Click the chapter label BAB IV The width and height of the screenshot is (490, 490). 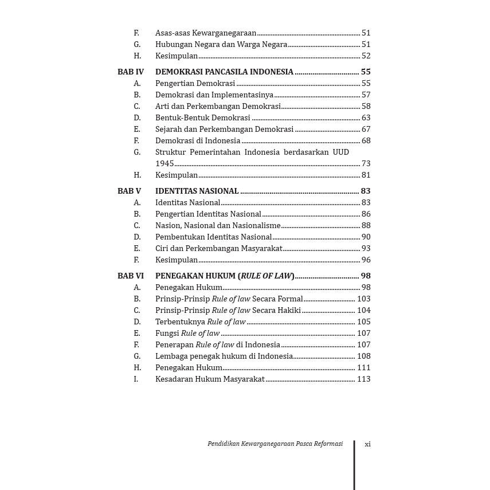pyautogui.click(x=131, y=72)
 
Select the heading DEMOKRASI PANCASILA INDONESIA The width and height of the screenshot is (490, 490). pyautogui.click(x=224, y=72)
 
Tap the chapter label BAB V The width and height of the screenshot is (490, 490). pyautogui.click(x=129, y=191)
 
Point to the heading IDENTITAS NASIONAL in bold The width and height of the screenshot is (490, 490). pyautogui.click(x=197, y=191)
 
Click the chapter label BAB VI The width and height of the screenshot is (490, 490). pyautogui.click(x=131, y=276)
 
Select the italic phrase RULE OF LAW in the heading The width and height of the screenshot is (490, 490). pyautogui.click(x=266, y=276)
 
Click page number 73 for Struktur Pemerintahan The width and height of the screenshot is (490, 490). pyautogui.click(x=366, y=163)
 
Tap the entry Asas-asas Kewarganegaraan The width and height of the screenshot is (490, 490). pyautogui.click(x=206, y=33)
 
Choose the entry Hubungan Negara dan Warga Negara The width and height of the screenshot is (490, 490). pyautogui.click(x=221, y=44)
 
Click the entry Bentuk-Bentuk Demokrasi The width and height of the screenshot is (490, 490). pyautogui.click(x=203, y=117)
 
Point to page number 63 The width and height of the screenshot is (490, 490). pyautogui.click(x=366, y=117)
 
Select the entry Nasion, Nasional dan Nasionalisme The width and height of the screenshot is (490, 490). pyautogui.click(x=218, y=225)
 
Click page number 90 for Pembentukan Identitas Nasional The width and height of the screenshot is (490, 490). pyautogui.click(x=366, y=237)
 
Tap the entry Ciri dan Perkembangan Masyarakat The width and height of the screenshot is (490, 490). pyautogui.click(x=219, y=248)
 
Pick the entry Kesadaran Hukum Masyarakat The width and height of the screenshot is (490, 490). pyautogui.click(x=210, y=379)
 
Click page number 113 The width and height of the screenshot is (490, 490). pyautogui.click(x=363, y=379)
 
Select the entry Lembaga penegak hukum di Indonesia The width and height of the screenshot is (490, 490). pyautogui.click(x=224, y=356)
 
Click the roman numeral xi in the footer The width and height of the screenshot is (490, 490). pyautogui.click(x=367, y=444)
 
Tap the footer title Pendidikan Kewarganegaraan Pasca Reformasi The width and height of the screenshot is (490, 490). pyautogui.click(x=275, y=444)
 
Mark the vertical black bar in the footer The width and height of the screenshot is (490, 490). pyautogui.click(x=354, y=465)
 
